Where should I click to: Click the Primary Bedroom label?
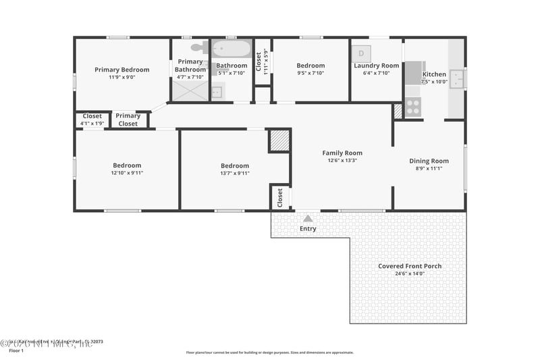122,69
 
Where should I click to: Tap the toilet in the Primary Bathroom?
198,48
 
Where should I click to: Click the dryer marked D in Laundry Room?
361,53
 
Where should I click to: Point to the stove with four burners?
412,107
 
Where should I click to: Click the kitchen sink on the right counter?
457,78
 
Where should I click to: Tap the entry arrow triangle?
308,218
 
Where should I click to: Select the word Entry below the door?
308,229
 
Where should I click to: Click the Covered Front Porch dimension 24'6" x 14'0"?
410,274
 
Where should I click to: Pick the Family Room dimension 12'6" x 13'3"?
342,161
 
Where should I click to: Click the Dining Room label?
429,161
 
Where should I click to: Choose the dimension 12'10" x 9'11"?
127,173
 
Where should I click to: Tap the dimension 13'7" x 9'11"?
235,173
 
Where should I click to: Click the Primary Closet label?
128,120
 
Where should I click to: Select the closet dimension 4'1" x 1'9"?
92,124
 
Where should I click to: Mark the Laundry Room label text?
377,66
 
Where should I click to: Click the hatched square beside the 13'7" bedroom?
279,140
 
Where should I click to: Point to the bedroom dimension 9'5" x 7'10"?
310,73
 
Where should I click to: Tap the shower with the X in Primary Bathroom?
190,91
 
